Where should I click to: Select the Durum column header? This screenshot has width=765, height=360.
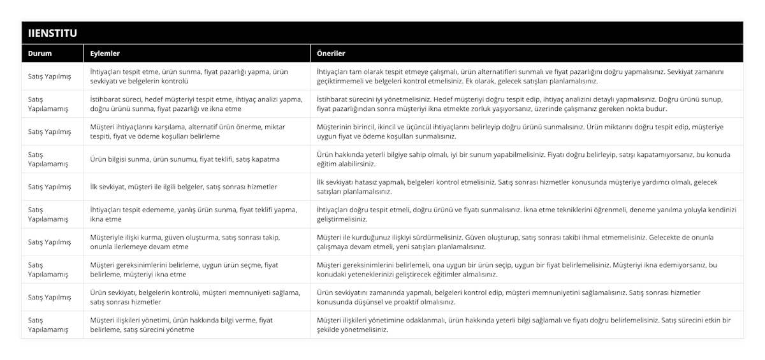(x=40, y=54)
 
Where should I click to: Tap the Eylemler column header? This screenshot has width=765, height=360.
(x=105, y=54)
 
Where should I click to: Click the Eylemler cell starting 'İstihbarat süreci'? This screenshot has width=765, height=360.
(x=196, y=104)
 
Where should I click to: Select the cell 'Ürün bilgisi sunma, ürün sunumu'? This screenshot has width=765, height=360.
(x=184, y=159)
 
